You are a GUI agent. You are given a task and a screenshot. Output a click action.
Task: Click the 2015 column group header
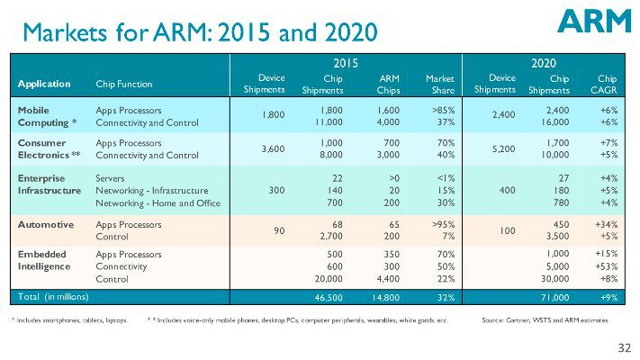347,63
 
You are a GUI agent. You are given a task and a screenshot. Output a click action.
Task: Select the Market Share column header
439,84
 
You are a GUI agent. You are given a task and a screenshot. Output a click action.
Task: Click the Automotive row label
45,222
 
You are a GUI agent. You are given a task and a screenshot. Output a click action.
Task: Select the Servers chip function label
111,178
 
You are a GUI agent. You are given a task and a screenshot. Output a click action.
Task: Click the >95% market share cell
441,222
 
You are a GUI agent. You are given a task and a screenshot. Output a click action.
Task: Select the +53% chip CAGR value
601,267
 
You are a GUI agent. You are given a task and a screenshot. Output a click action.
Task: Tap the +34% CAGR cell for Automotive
601,222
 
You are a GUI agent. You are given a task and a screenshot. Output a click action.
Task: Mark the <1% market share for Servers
443,178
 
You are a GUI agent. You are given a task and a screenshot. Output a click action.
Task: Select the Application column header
44,84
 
